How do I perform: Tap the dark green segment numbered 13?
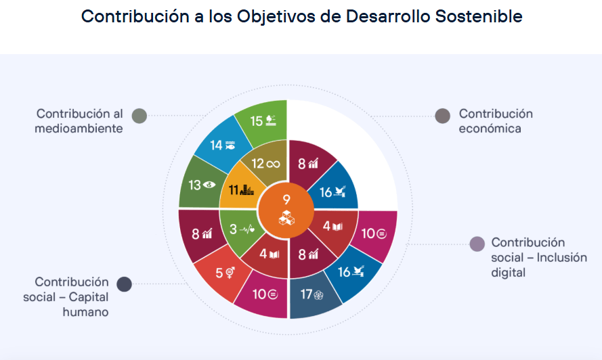(x=198, y=184)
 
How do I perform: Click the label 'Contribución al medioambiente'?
(x=79, y=120)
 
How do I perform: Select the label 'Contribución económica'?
(x=495, y=120)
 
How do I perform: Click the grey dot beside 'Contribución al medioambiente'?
(x=139, y=116)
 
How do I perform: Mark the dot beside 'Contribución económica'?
(x=442, y=116)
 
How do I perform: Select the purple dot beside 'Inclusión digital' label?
(x=477, y=244)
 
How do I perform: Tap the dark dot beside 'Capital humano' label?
(x=124, y=284)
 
